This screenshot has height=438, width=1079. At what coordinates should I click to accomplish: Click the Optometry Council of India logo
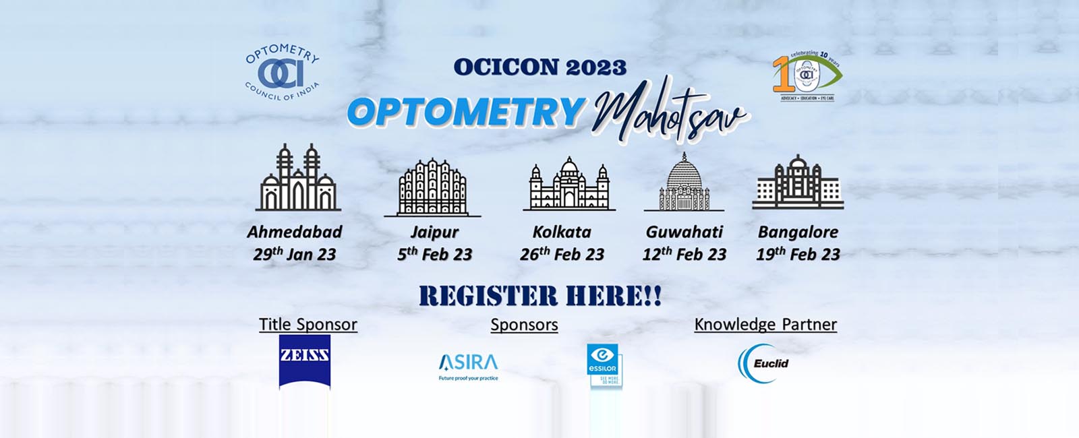(x=282, y=72)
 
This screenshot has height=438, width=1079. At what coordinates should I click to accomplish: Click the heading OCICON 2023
(x=539, y=67)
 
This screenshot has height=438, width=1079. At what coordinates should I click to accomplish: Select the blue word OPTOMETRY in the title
(x=466, y=112)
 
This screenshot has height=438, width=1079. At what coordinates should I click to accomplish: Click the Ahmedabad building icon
(x=297, y=178)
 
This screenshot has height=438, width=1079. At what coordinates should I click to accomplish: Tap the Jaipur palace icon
(x=432, y=187)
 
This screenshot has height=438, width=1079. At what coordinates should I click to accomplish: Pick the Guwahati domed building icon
(x=684, y=183)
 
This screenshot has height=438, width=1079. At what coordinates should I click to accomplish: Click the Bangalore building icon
(x=797, y=182)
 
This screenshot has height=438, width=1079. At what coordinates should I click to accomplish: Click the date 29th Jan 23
(x=295, y=254)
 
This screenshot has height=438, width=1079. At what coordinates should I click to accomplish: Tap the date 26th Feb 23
(x=562, y=254)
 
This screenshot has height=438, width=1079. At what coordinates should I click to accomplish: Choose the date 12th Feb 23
(x=684, y=254)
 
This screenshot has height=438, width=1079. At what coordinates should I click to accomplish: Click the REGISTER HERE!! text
(x=540, y=296)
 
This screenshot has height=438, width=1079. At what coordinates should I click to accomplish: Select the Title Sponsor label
(x=308, y=324)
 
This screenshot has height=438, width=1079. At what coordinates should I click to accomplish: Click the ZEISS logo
(x=305, y=361)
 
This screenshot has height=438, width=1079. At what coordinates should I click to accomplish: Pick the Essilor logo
(x=603, y=365)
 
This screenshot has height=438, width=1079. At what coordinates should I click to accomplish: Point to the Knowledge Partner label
(x=765, y=324)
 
